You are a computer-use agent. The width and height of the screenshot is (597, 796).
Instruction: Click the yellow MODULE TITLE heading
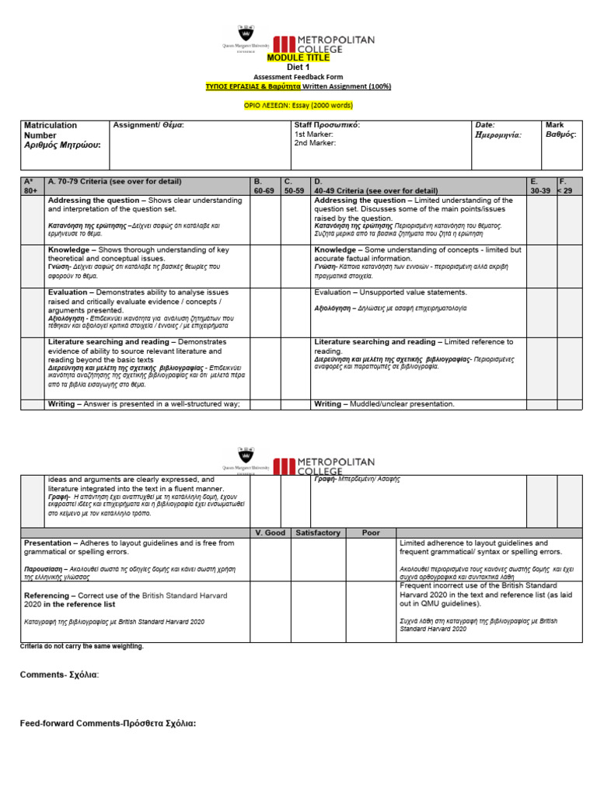(298, 58)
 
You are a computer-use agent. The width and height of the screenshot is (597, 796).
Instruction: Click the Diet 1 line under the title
(298, 68)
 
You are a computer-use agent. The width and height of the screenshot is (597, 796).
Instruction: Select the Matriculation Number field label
(51, 130)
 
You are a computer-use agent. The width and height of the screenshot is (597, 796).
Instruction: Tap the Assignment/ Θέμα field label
(148, 125)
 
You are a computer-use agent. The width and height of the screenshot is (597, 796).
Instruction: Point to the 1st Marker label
(313, 134)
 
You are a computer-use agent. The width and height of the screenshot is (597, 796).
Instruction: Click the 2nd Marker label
(314, 144)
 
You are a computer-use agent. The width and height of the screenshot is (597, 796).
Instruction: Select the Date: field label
(484, 125)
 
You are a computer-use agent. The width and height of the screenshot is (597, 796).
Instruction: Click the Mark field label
(555, 125)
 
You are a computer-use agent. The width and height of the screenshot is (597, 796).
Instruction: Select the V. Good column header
(271, 532)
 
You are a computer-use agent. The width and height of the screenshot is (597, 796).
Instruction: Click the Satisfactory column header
(317, 532)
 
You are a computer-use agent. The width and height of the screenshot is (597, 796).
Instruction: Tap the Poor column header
(371, 532)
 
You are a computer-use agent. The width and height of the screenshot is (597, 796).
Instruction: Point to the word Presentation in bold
(50, 543)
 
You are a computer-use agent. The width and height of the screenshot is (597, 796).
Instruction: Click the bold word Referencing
(47, 595)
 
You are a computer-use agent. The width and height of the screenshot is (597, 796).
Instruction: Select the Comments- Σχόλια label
(59, 675)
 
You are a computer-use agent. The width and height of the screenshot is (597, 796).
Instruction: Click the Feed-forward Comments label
(107, 724)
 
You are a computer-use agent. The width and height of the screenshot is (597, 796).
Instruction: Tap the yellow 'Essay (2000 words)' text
(321, 104)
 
